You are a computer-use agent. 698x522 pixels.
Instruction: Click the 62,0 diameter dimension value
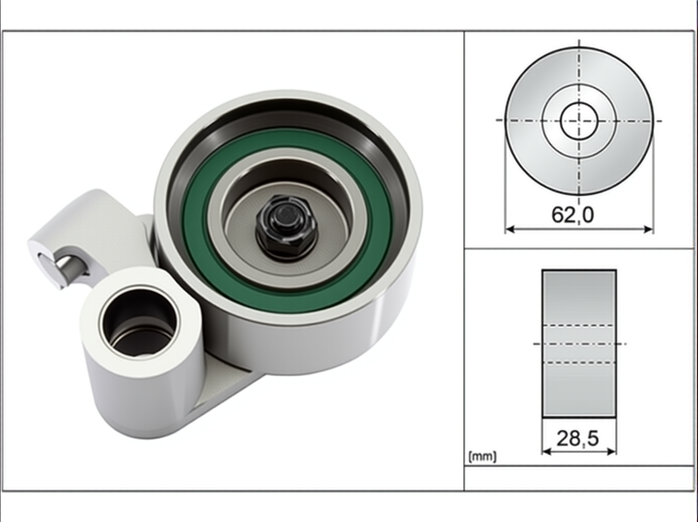point(572,215)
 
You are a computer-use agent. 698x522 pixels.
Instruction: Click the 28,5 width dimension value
point(578,439)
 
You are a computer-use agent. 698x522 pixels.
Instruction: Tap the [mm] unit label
point(482,457)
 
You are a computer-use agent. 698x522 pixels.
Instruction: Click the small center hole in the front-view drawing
point(579,121)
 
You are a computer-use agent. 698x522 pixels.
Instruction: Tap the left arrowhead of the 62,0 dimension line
point(510,229)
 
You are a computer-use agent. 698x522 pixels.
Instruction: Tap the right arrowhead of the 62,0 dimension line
point(648,229)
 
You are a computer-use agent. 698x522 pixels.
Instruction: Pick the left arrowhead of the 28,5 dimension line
point(546,452)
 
